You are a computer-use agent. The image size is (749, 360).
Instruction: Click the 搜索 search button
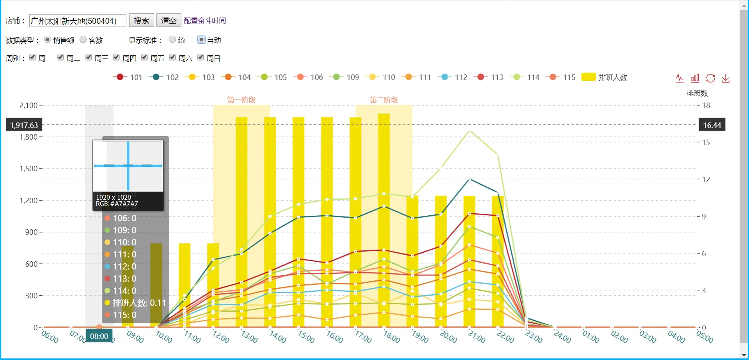click(x=141, y=20)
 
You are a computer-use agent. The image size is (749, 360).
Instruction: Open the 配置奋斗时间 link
click(x=205, y=20)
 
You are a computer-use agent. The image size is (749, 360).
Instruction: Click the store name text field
click(x=78, y=21)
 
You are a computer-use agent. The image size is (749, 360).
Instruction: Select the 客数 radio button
click(x=83, y=39)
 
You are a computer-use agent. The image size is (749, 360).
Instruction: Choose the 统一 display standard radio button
click(x=172, y=39)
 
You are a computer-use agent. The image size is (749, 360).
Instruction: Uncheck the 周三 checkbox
click(x=89, y=57)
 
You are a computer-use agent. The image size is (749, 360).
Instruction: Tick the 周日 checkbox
click(x=201, y=57)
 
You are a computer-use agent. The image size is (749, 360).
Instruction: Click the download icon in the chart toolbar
click(x=726, y=78)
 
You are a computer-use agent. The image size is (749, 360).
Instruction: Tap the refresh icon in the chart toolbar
click(x=710, y=78)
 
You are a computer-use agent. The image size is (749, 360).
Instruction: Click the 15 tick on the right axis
click(x=706, y=142)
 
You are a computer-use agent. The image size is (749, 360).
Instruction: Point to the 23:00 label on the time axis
click(x=533, y=337)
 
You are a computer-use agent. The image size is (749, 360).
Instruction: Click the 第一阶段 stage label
click(x=241, y=99)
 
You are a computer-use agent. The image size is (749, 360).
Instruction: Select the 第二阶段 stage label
click(x=384, y=99)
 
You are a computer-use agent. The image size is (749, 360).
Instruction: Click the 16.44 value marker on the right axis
click(x=712, y=125)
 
